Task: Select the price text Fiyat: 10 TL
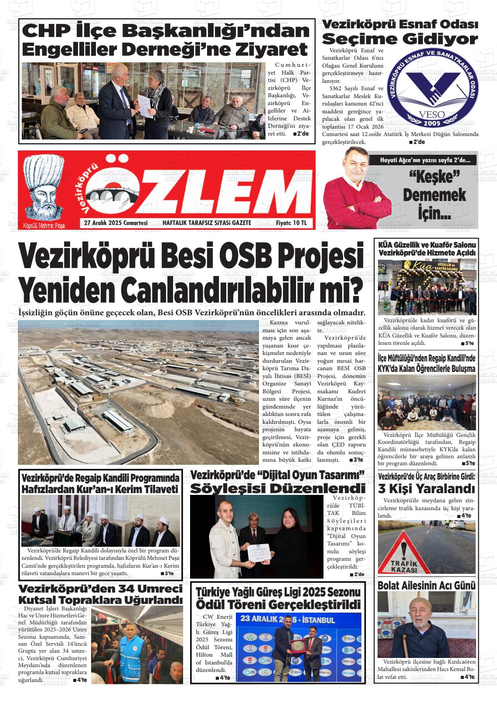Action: tap(291, 223)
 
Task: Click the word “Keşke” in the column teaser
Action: tap(435, 177)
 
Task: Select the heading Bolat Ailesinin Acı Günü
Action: tap(426, 586)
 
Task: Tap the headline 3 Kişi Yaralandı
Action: tap(426, 487)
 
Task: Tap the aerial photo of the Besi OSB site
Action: tap(138, 392)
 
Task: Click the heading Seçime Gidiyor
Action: tap(400, 39)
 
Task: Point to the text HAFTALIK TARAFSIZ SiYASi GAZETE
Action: tap(207, 223)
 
